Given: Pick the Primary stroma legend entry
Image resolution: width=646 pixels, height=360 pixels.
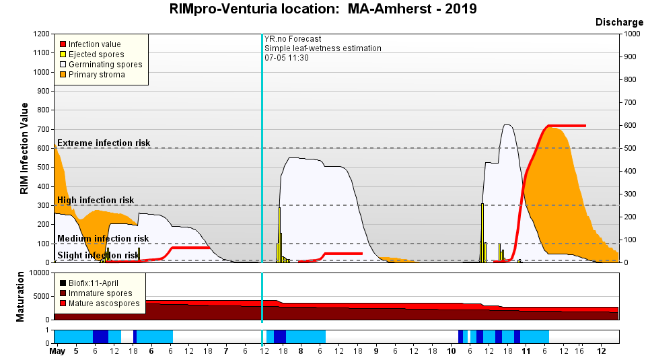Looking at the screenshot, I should click(x=96, y=75).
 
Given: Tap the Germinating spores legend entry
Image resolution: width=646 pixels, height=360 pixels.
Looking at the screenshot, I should click(x=105, y=65).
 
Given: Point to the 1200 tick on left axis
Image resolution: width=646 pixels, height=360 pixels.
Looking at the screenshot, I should click(x=40, y=34).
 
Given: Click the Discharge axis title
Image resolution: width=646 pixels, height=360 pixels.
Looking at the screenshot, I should click(x=619, y=22).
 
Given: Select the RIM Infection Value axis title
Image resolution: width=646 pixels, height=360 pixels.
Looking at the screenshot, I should click(x=24, y=148).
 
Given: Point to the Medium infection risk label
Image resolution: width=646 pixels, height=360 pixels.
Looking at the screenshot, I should click(x=103, y=238).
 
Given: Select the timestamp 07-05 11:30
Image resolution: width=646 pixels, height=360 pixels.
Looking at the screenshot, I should click(x=287, y=58).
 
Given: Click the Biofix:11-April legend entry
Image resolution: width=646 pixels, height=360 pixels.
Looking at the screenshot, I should click(x=98, y=283).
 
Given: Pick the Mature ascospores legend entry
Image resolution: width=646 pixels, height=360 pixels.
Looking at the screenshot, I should click(x=104, y=303).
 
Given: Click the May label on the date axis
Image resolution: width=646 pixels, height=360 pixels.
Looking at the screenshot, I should click(x=59, y=351).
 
